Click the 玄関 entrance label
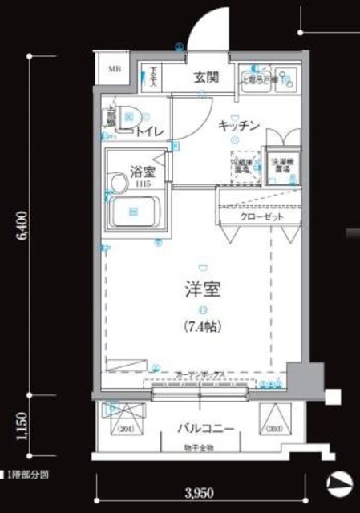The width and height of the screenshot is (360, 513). click(x=207, y=78)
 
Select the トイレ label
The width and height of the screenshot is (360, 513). click(x=151, y=131)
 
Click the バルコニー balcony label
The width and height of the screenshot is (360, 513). click(x=206, y=429)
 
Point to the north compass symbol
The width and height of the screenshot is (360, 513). click(x=340, y=484)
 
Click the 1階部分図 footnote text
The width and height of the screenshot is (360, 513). click(x=26, y=474)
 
